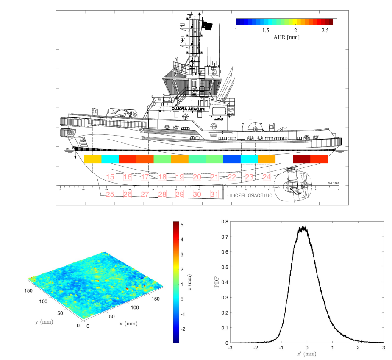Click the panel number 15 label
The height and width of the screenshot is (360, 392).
110,177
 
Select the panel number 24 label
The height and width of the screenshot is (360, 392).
266,177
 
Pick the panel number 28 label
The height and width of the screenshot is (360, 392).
162,194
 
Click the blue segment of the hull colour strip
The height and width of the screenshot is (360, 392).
232,159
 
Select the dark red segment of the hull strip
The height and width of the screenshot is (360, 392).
301,159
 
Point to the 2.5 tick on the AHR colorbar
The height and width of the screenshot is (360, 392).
325,31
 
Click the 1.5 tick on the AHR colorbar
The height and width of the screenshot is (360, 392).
266,31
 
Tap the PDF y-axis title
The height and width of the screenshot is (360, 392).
217,282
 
